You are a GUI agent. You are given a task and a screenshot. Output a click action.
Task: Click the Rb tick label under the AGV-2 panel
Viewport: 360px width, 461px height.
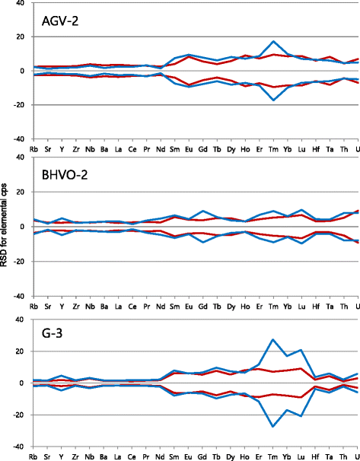click(33, 148)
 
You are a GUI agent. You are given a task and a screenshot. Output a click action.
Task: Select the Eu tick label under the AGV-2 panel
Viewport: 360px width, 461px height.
click(190, 148)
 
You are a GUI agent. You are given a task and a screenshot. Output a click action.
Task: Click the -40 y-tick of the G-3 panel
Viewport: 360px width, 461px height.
click(18, 447)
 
